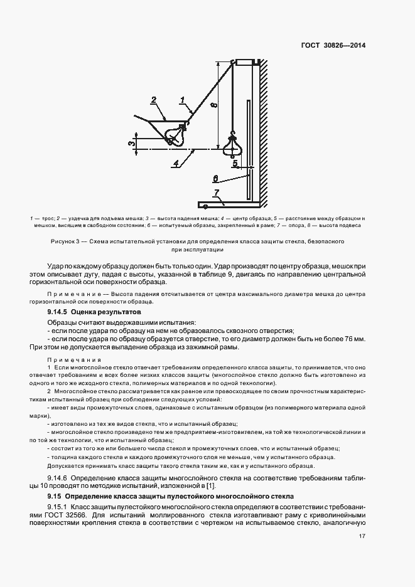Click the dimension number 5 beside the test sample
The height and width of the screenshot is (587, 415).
click(235, 164)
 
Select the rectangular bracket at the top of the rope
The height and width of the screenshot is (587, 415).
click(246, 61)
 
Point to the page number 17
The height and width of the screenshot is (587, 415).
click(362, 536)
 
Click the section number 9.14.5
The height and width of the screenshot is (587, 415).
click(58, 311)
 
